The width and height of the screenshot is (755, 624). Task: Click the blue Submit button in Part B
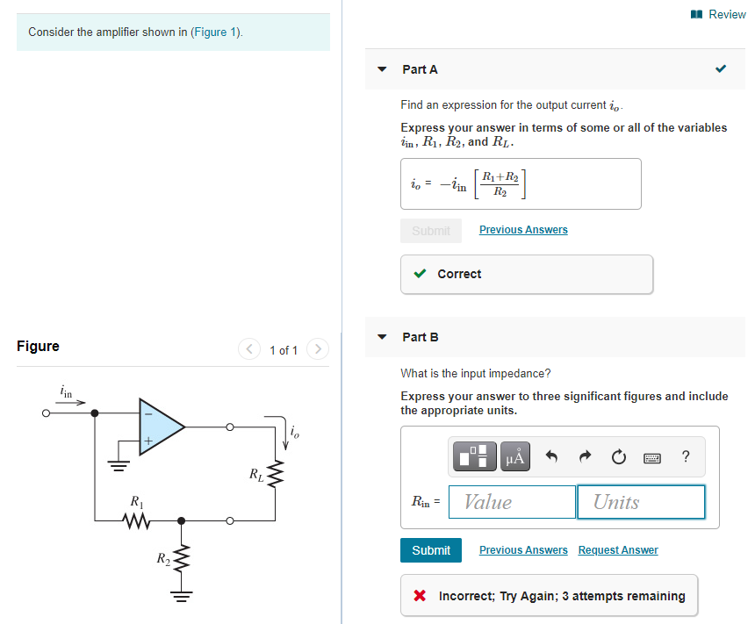[431, 549]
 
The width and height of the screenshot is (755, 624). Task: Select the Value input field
[512, 502]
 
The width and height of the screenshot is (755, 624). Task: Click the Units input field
[641, 502]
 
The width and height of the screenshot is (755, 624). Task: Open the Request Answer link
[618, 550]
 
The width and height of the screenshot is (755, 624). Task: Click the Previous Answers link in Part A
[523, 230]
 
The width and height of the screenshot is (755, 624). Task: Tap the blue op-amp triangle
[159, 427]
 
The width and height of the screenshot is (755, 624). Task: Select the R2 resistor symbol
[182, 558]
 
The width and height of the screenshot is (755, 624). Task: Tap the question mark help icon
[686, 456]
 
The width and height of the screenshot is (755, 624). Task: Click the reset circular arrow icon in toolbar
[618, 456]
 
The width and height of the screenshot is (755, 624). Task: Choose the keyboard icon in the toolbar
[652, 457]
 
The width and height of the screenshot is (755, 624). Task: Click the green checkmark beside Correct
[421, 274]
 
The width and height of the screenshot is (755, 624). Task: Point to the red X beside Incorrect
[421, 596]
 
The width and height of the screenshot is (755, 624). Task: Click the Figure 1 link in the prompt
[216, 32]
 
